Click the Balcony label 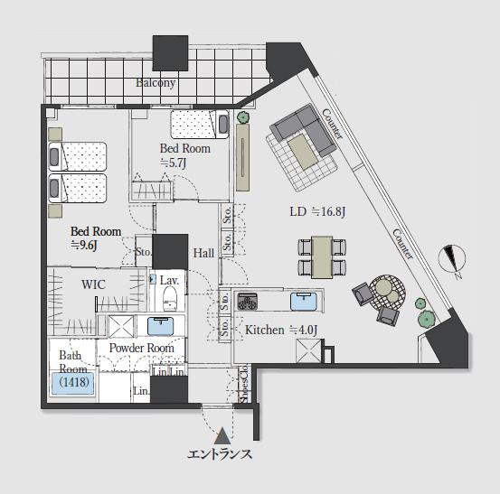tap(156, 83)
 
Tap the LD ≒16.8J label tap(317, 211)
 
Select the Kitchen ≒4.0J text tap(281, 330)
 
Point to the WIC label tap(93, 284)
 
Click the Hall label tap(203, 253)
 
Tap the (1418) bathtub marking tap(74, 382)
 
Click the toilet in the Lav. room tap(170, 298)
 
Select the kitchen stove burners tap(247, 302)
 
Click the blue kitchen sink tap(304, 302)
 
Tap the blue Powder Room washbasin tap(161, 326)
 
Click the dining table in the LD tap(322, 257)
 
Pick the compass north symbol tap(452, 258)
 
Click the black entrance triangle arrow tap(222, 436)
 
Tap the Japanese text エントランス tap(220, 454)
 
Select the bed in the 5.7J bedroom tap(200, 125)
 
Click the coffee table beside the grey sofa tap(303, 152)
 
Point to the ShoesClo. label tap(245, 385)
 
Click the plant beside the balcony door tap(243, 117)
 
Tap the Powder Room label tap(142, 348)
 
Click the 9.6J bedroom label tap(96, 238)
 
